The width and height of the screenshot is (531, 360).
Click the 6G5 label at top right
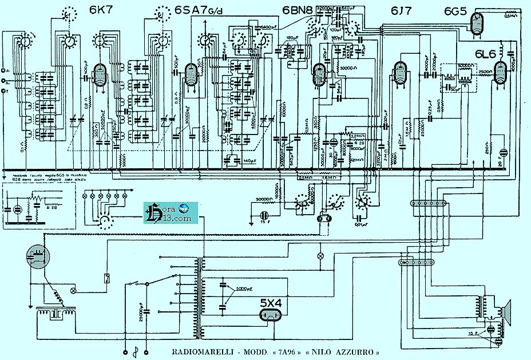455,10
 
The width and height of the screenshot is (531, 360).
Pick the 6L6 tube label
486,53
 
